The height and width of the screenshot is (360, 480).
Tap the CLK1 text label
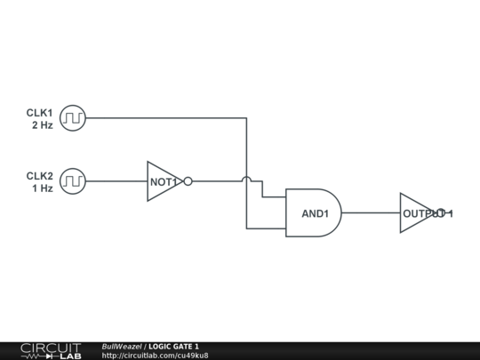click(x=39, y=113)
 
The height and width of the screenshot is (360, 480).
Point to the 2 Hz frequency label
click(x=43, y=125)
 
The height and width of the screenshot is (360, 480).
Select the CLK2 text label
click(x=39, y=176)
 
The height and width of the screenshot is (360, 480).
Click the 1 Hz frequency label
click(x=43, y=188)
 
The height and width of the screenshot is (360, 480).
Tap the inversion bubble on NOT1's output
click(x=188, y=181)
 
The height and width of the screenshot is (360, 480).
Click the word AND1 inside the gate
click(x=315, y=213)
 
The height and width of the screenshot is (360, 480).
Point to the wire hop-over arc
click(x=246, y=179)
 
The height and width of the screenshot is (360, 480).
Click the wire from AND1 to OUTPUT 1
click(x=371, y=212)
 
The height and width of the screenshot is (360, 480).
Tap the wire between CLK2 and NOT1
click(x=116, y=181)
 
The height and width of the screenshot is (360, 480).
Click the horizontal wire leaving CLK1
click(x=166, y=118)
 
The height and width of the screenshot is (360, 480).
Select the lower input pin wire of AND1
click(x=266, y=228)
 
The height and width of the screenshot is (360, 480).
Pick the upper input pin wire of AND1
click(x=274, y=196)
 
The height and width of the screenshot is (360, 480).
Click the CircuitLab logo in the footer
click(x=51, y=351)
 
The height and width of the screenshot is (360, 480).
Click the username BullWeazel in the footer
click(x=122, y=347)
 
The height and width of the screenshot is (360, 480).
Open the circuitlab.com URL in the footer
click(x=155, y=356)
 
